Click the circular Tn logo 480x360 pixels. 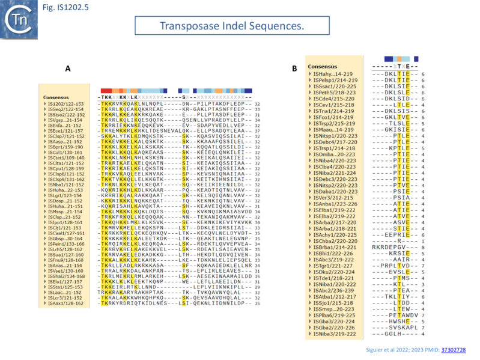pos(17,17)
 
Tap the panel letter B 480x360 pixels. pos(294,69)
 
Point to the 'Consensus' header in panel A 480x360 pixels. pos(55,97)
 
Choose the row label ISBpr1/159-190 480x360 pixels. pos(63,147)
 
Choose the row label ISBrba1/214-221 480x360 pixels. pos(333,248)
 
